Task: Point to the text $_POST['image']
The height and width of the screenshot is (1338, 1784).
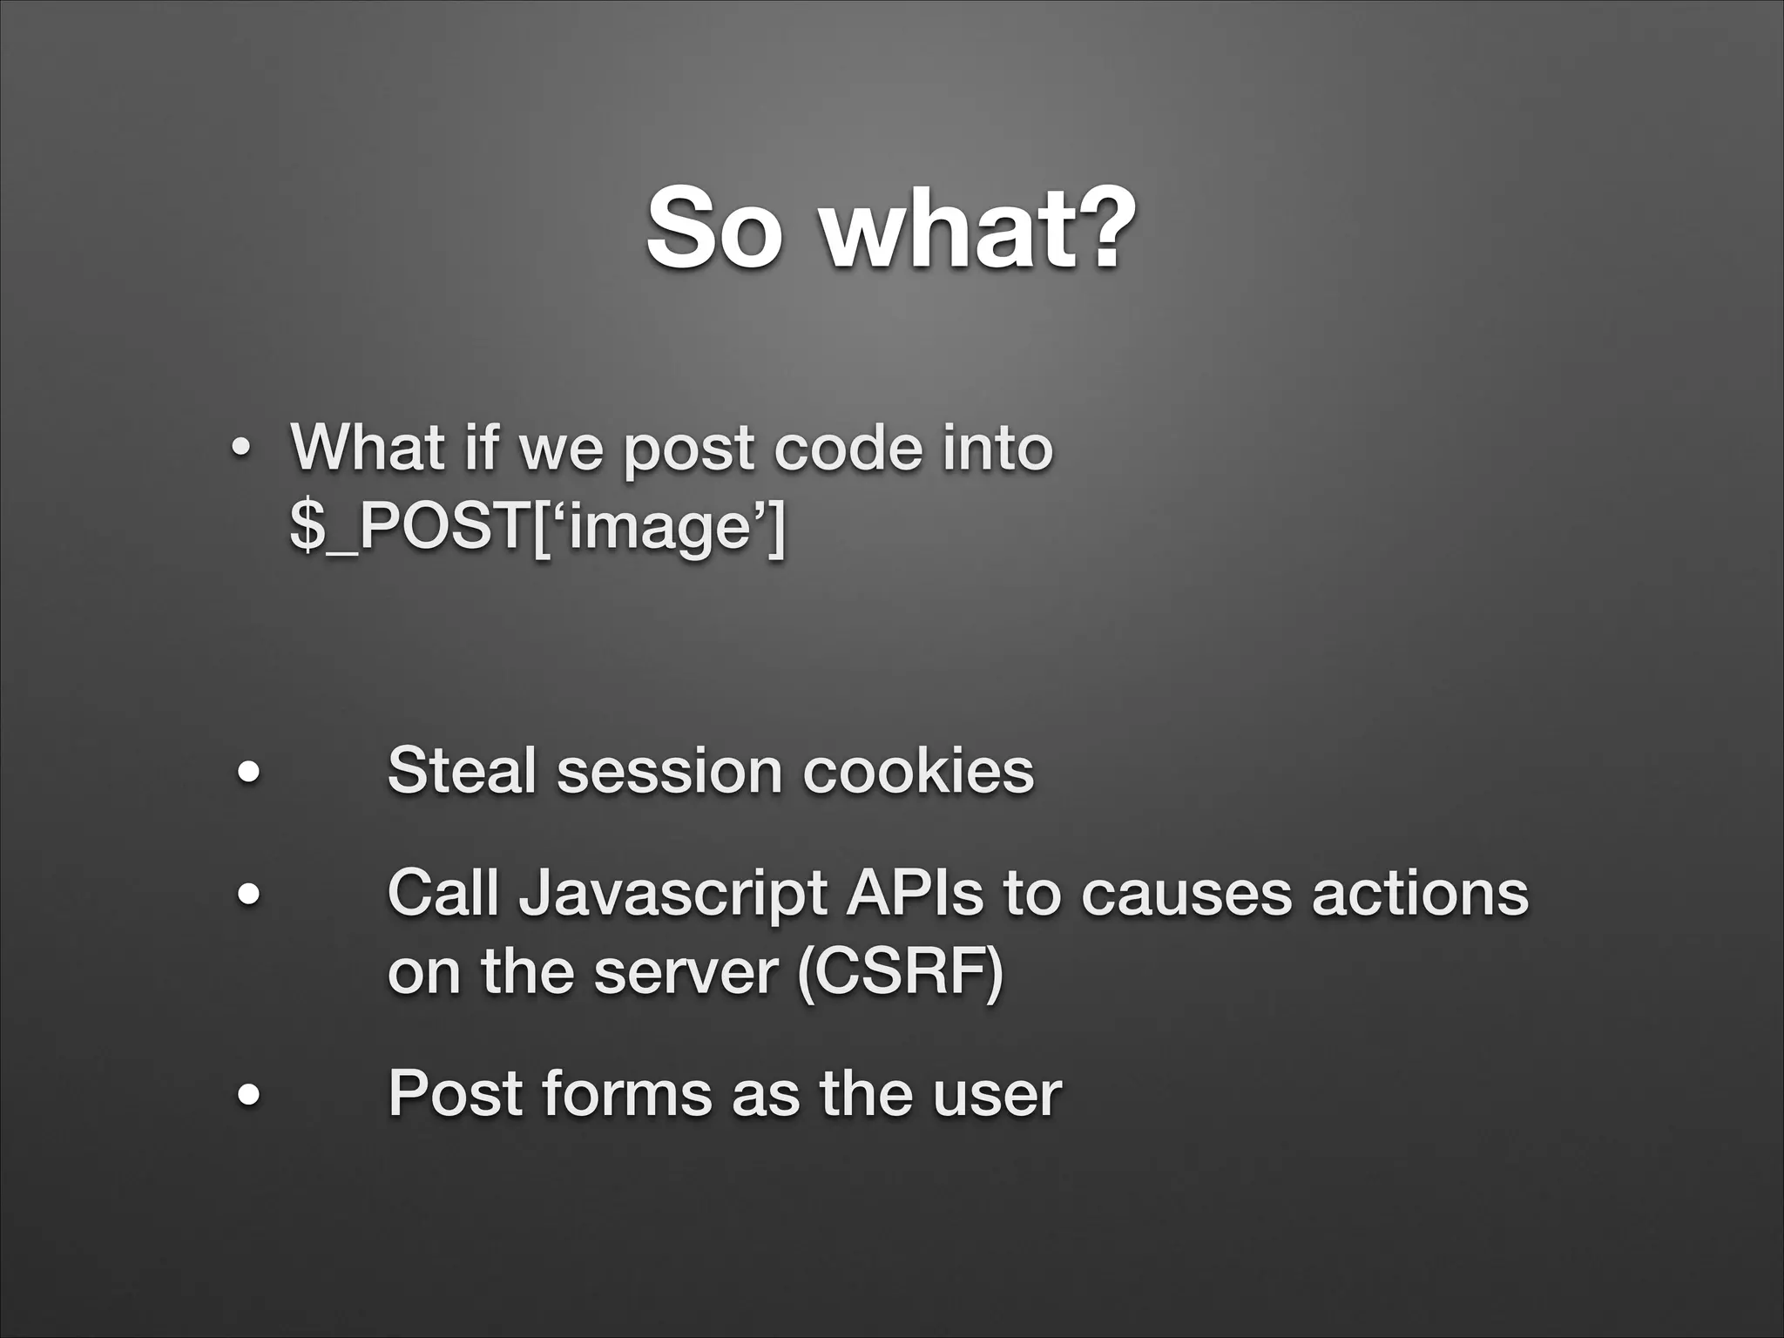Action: point(537,529)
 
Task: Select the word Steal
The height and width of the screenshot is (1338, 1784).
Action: point(461,770)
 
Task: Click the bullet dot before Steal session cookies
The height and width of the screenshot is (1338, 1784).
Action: point(250,773)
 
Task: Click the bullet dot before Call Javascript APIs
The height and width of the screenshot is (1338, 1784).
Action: point(250,895)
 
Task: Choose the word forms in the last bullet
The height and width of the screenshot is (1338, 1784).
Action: point(626,1093)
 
